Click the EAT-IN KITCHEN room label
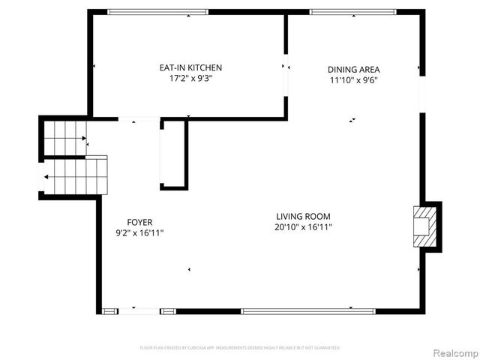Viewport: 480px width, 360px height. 190,67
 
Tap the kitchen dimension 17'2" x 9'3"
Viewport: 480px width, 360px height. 190,79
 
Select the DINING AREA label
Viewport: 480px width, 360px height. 353,70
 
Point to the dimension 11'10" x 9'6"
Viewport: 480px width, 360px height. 353,81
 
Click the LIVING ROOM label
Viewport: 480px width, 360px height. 303,216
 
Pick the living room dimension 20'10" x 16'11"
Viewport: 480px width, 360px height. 303,226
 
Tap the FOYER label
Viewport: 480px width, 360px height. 139,222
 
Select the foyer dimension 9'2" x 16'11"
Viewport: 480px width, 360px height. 139,233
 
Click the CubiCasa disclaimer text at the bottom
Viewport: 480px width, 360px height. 240,348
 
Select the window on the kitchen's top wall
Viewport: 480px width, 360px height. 157,12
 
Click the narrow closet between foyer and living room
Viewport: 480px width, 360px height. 172,154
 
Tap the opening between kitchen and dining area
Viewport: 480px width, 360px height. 286,67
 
